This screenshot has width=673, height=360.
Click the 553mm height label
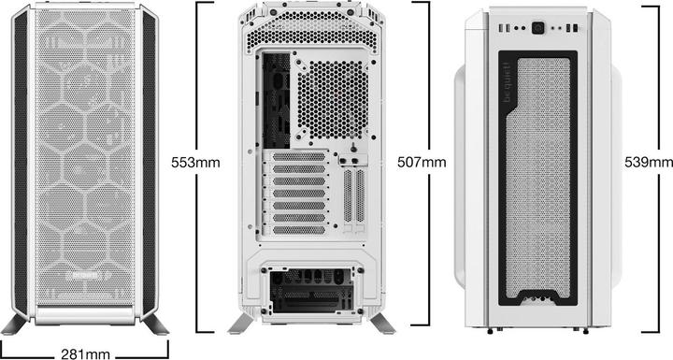coord(195,163)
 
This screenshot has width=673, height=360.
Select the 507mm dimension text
coord(422,163)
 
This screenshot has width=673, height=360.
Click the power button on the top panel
coord(540,28)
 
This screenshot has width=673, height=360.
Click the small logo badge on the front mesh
coord(90,278)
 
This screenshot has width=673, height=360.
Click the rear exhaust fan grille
coord(331,95)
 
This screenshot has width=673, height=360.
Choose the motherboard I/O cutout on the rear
coord(277,98)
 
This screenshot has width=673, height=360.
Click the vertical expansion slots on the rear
coord(351,196)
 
